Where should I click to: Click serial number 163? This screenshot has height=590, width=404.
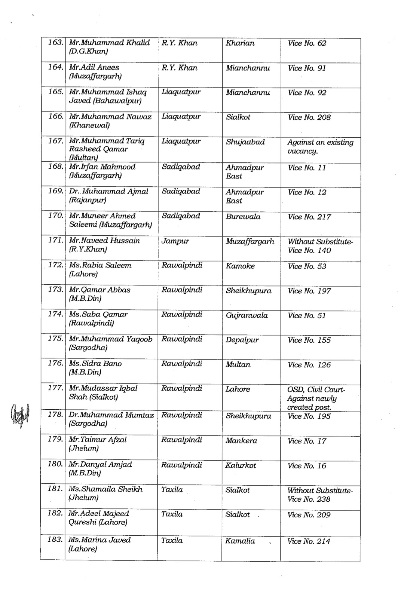55,42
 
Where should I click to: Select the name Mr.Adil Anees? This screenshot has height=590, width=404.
94,67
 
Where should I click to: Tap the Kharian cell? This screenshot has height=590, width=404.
240,43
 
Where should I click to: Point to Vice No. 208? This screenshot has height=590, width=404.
309,117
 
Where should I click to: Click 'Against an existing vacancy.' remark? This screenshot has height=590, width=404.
320,147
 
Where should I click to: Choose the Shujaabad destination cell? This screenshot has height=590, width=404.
245,142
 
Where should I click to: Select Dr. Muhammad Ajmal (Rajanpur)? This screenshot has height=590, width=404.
108,195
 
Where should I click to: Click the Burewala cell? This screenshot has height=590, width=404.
243,217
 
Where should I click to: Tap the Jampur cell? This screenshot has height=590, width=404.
175,241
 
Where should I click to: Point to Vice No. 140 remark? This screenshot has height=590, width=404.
309,250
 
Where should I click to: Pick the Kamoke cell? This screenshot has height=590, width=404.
240,266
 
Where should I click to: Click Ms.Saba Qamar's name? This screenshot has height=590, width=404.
98,314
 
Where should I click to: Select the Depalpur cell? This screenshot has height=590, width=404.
242,340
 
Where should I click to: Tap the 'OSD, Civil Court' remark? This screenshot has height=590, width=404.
316,390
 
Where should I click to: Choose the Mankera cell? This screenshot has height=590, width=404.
241,441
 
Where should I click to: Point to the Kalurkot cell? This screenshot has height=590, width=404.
241,465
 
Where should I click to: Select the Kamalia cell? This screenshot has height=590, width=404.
240,541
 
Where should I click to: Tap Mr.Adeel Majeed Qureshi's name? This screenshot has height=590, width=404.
99,518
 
